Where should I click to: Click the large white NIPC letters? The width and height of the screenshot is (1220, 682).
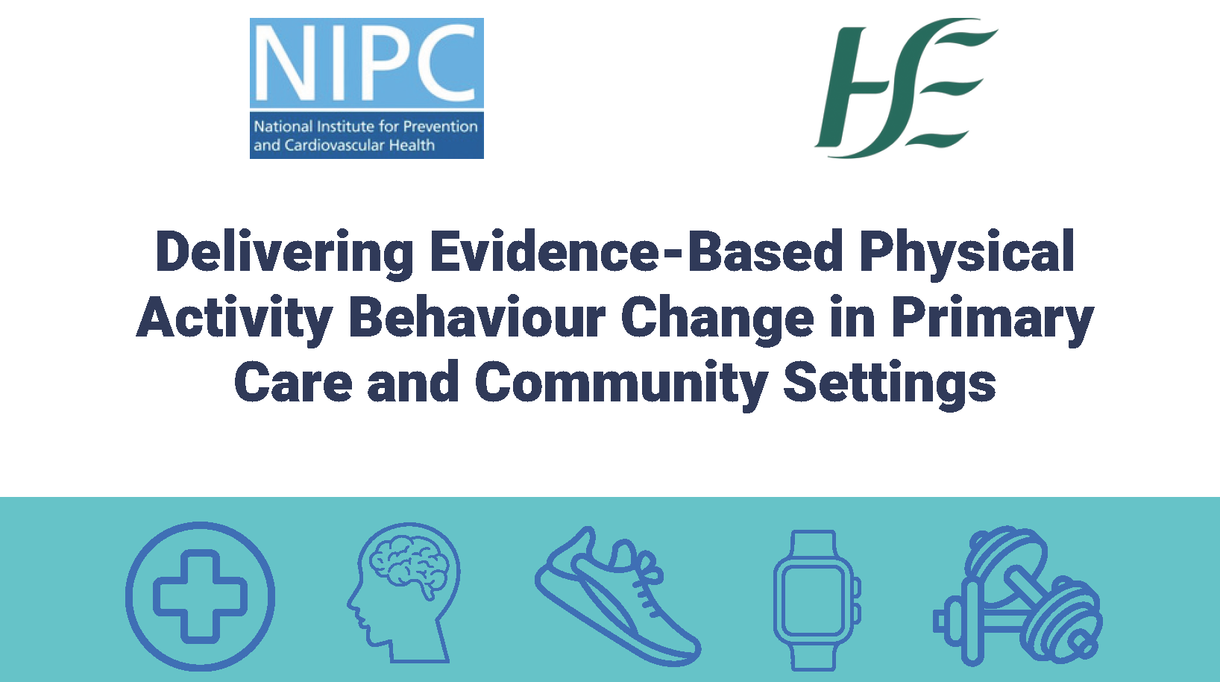click(x=367, y=63)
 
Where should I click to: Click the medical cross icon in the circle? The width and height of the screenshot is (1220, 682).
click(x=201, y=596)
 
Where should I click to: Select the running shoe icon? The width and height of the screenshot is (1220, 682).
click(x=617, y=596)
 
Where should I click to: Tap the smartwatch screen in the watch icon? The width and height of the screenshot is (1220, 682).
click(x=812, y=600)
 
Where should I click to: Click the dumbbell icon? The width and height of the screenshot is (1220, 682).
click(x=1018, y=596)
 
